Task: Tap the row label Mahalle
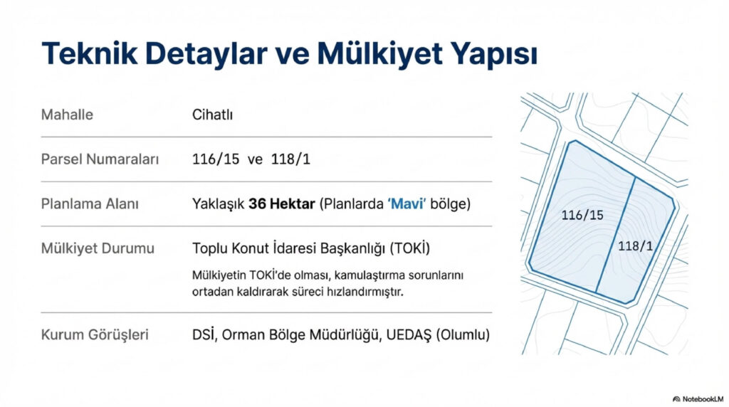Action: coord(67,115)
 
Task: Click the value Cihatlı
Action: coord(213,115)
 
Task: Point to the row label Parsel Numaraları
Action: coord(100,159)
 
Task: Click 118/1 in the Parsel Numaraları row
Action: coord(290,159)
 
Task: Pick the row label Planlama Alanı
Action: coord(90,204)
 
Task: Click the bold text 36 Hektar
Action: coord(282,204)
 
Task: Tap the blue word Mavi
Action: coord(407,204)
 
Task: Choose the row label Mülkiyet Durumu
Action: coord(98,249)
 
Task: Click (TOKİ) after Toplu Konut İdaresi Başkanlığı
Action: coord(410,249)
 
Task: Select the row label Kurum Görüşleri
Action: coord(95,334)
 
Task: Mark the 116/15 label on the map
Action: coord(582,215)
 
